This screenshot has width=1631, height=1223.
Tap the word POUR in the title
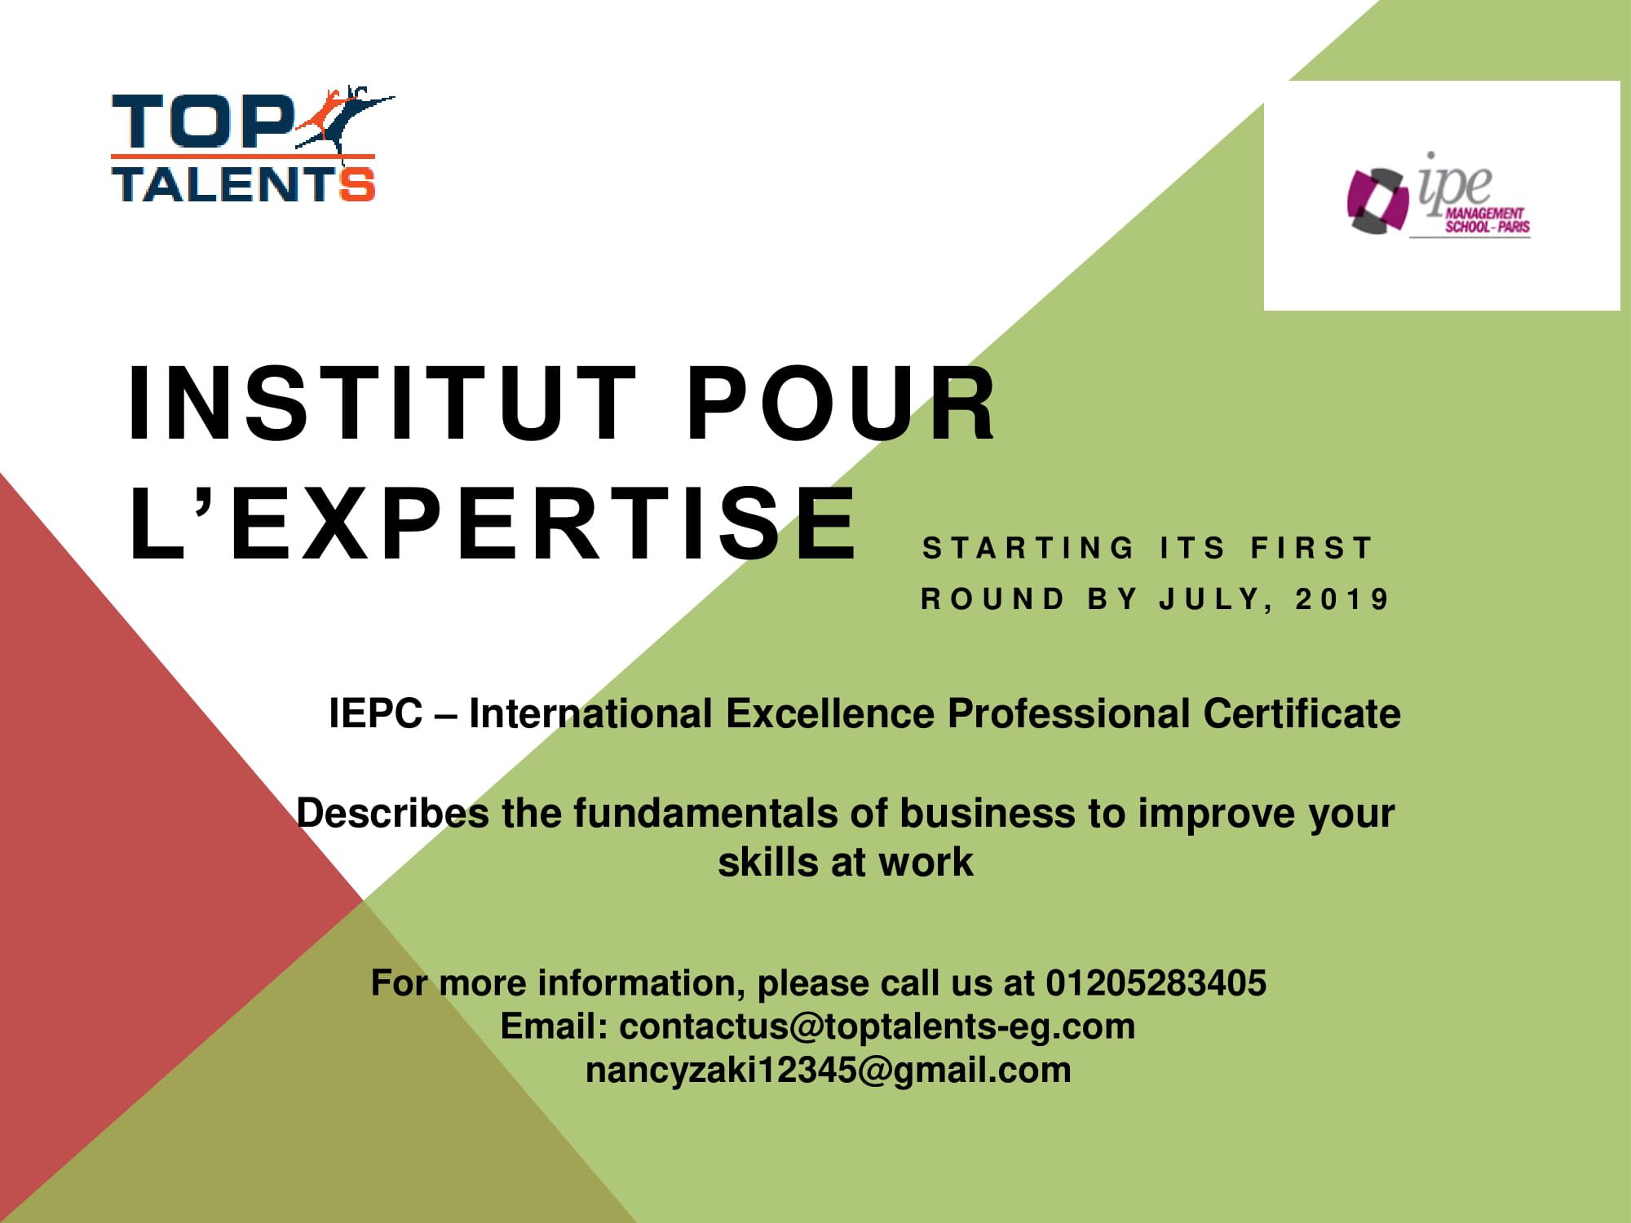(841, 404)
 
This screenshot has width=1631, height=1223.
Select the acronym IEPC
(375, 713)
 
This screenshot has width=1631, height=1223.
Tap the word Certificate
(1302, 713)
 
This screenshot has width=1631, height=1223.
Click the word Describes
(392, 813)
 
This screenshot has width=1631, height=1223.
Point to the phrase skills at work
(846, 862)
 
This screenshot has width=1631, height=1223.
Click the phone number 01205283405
(1156, 982)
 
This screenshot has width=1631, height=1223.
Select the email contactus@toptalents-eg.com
(877, 1027)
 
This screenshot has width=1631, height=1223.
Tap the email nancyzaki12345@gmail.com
(829, 1070)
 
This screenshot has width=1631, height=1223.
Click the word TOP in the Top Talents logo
(203, 122)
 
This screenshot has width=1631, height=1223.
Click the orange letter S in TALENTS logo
(357, 184)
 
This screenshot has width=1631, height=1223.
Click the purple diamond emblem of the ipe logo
(1377, 201)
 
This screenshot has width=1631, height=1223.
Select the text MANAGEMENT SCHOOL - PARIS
(1487, 220)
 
